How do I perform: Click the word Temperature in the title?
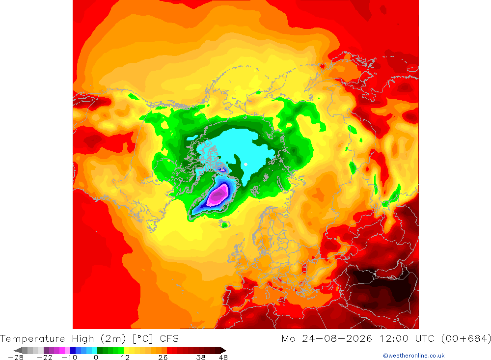pyautogui.click(x=32, y=339)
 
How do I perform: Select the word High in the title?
pyautogui.click(x=83, y=339)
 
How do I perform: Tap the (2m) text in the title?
pyautogui.click(x=113, y=339)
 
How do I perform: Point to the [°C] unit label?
pyautogui.click(x=143, y=339)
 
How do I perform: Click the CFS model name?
pyautogui.click(x=169, y=339)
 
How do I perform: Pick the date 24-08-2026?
pyautogui.click(x=337, y=339)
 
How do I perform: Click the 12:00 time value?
pyautogui.click(x=394, y=339)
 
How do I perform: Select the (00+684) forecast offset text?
pyautogui.click(x=466, y=339)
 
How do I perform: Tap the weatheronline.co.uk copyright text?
pyautogui.click(x=413, y=356)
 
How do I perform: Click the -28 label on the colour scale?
pyautogui.click(x=16, y=358)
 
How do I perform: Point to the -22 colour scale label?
pyautogui.click(x=45, y=358)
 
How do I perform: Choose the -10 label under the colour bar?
pyautogui.click(x=70, y=358)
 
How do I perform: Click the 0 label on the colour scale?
pyautogui.click(x=96, y=358)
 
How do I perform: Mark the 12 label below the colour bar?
pyautogui.click(x=125, y=358)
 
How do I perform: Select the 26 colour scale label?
pyautogui.click(x=163, y=358)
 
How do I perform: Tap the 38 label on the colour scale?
pyautogui.click(x=201, y=358)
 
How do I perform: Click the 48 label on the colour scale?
pyautogui.click(x=223, y=358)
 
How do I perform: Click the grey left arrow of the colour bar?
pyautogui.click(x=19, y=350)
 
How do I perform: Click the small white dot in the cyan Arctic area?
pyautogui.click(x=245, y=165)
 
